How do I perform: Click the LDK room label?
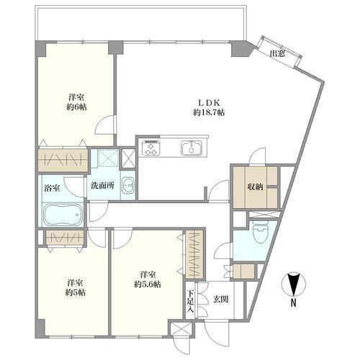[x=209, y=103]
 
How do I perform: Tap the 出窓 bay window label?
[x=278, y=53]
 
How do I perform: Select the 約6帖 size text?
[x=76, y=107]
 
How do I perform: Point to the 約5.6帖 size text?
[x=148, y=284]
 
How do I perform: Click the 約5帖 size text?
[x=76, y=292]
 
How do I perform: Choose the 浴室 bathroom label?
[x=52, y=188]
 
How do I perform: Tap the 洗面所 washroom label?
[x=102, y=186]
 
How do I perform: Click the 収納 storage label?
[x=256, y=187]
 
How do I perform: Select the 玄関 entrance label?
[x=220, y=299]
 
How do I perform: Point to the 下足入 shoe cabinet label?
[x=191, y=301]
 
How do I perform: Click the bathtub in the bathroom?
[x=63, y=215]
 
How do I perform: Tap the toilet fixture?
[x=261, y=232]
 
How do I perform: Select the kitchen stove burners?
[x=151, y=148]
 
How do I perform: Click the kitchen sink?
[x=192, y=148]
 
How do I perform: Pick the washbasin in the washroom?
[x=128, y=185]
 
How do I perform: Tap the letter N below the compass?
[x=293, y=303]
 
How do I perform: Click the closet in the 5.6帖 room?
[x=194, y=254]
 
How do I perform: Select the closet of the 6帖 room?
[x=63, y=160]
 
